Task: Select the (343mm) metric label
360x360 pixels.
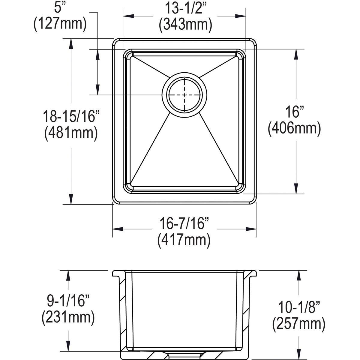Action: pos(185,25)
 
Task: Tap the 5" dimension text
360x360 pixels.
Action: pos(60,8)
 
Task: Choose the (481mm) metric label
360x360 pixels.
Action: pos(71,133)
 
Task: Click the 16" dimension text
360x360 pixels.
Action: pos(294,112)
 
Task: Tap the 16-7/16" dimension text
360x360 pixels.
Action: pos(183,224)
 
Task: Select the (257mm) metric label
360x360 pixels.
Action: pos(299,324)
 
